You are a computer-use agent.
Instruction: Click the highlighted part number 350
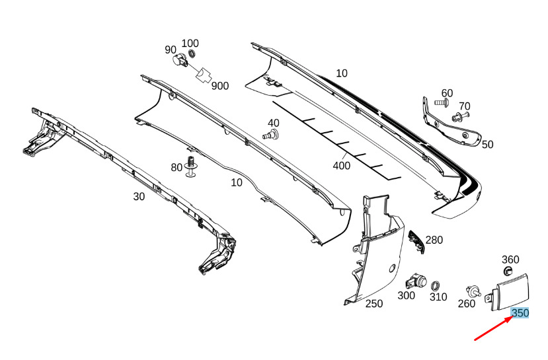point(520,313)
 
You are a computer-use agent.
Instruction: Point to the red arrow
point(494,328)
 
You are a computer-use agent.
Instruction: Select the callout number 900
point(220,86)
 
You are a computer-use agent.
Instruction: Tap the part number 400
point(342,166)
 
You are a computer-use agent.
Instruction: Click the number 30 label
point(139,197)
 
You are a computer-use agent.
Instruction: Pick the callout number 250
point(374,304)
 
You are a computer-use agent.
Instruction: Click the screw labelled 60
point(441,102)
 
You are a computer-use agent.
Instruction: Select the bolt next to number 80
point(191,166)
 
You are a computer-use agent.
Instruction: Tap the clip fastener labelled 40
point(271,135)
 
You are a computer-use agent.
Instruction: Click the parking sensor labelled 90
point(180,60)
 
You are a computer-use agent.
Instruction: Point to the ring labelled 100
point(192,54)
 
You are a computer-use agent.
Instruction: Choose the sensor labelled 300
point(416,281)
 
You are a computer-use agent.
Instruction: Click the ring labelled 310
point(435,286)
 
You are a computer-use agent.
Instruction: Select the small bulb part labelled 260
point(473,291)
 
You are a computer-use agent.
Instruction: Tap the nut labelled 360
point(508,271)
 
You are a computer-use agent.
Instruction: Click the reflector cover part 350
point(509,293)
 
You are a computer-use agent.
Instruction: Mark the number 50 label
point(487,145)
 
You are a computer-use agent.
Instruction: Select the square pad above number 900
point(204,75)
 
